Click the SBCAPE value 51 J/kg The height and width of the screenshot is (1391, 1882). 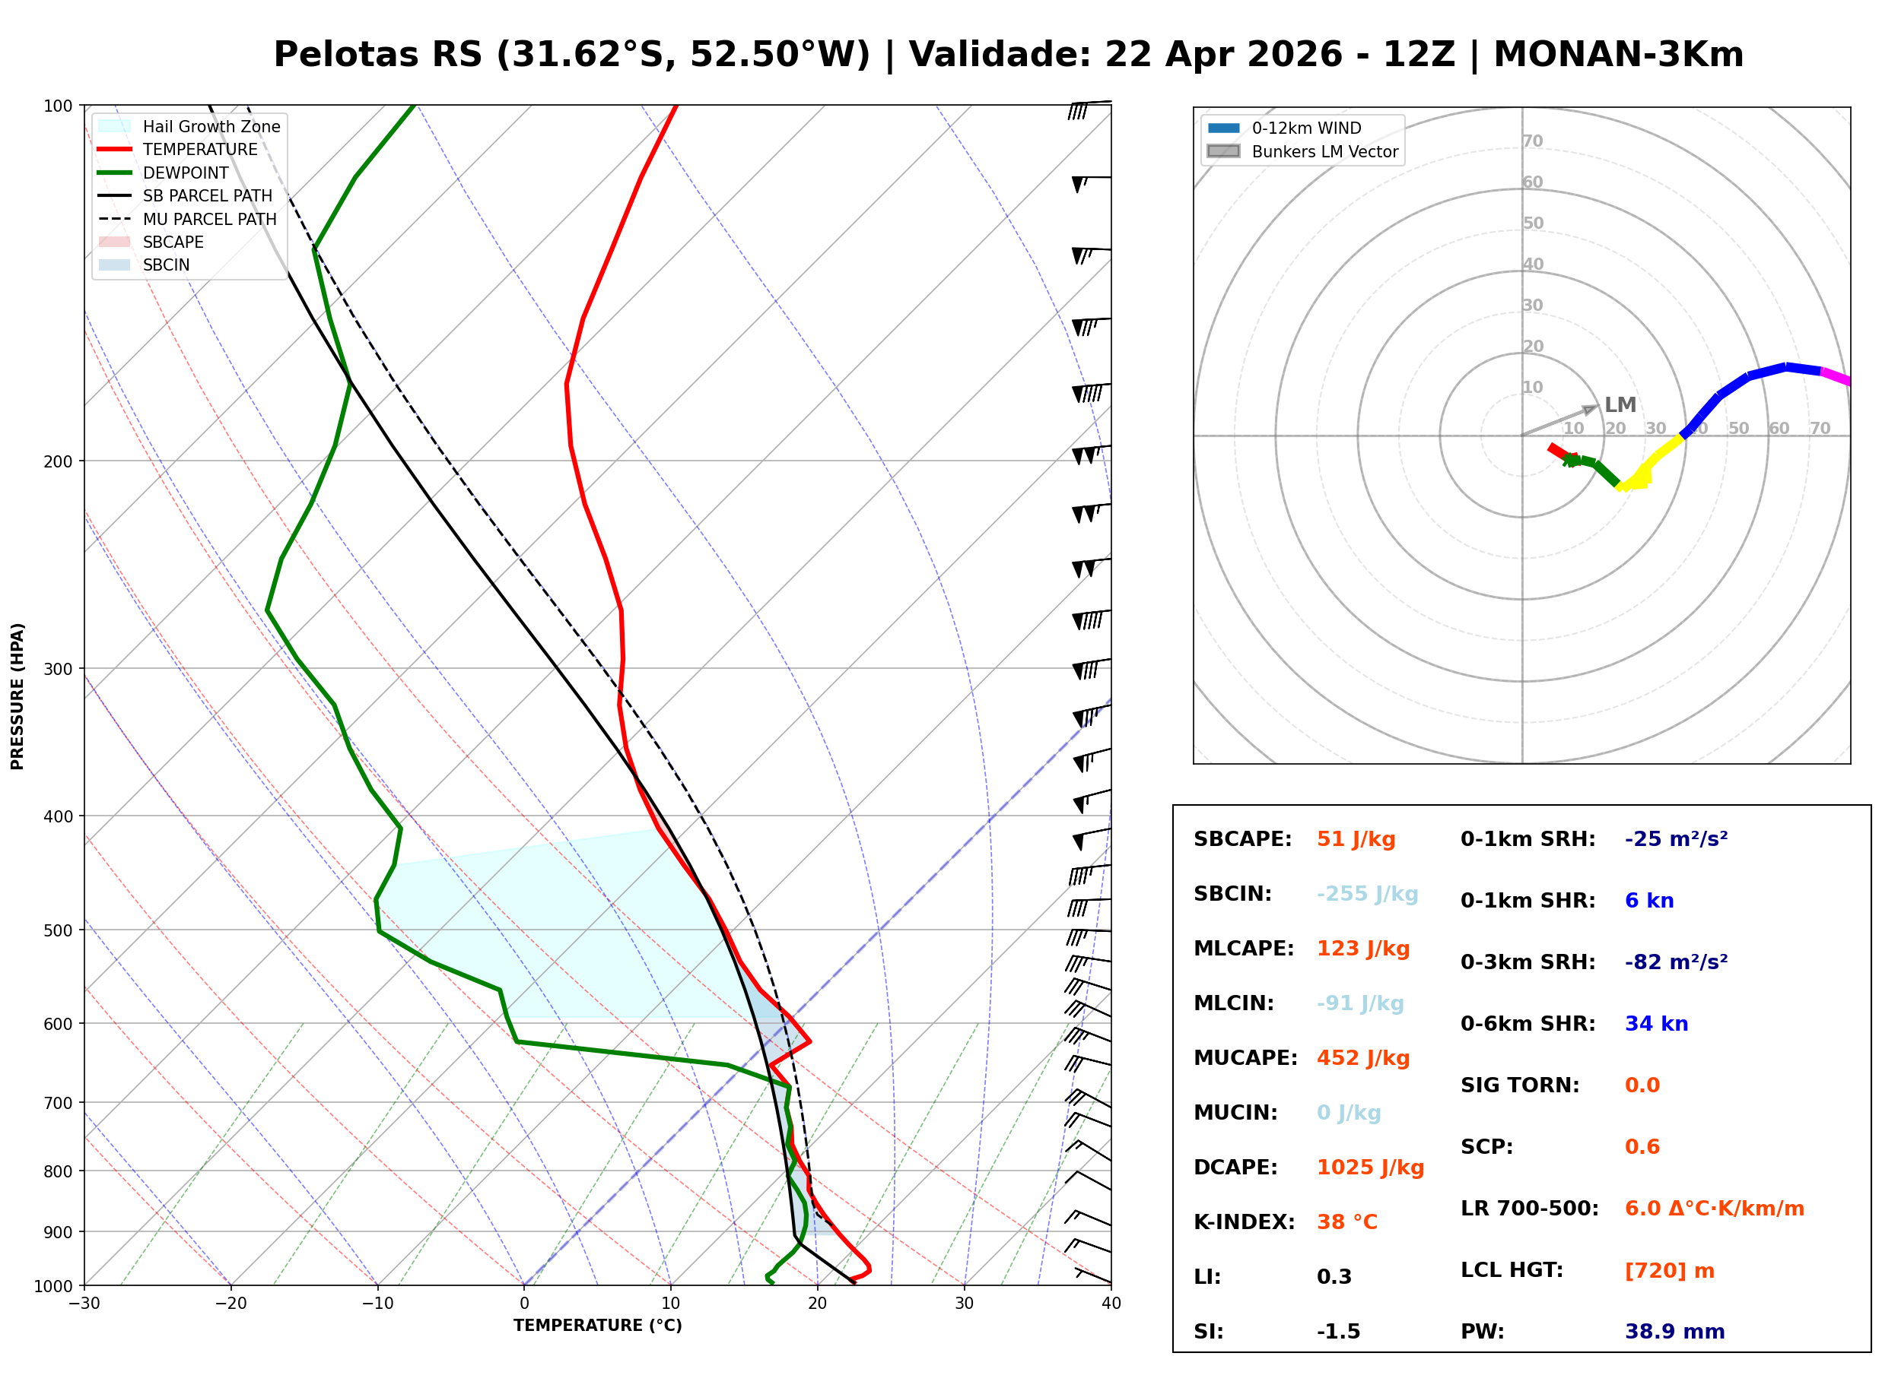[1356, 839]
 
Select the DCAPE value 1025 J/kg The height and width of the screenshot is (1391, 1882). [1370, 1168]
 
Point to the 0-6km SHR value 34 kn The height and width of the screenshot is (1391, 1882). [1656, 1024]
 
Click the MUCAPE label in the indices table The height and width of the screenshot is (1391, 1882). [1245, 1058]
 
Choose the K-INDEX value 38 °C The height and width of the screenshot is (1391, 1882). [1346, 1222]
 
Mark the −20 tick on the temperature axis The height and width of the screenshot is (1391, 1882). [230, 1304]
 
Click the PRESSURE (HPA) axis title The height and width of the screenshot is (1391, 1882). [17, 696]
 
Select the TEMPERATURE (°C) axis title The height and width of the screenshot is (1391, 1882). [597, 1326]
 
